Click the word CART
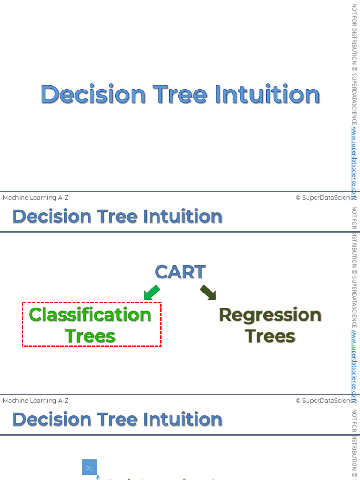(180, 272)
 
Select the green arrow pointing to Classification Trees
(151, 292)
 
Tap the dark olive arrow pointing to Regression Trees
(208, 292)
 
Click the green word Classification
(90, 315)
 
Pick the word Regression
(270, 315)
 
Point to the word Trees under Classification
(90, 336)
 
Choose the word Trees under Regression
(270, 336)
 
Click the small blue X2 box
(90, 467)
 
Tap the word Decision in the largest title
(93, 94)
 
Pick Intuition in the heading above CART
(182, 217)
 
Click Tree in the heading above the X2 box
(118, 420)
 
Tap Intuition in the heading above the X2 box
(182, 420)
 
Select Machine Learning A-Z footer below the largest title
(36, 198)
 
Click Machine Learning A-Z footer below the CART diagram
(36, 401)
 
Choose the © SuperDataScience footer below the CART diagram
(326, 401)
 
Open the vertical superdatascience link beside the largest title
(354, 159)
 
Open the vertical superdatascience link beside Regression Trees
(354, 361)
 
